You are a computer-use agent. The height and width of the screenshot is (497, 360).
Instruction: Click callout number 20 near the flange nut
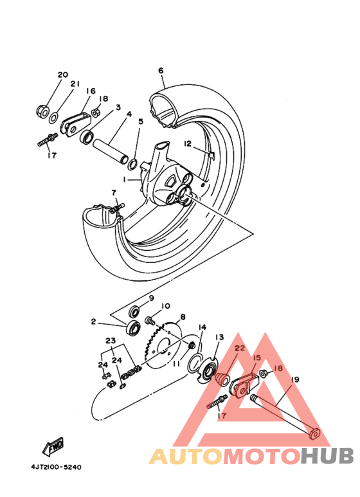point(62,75)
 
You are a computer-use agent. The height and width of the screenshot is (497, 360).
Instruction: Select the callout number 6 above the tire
point(161,70)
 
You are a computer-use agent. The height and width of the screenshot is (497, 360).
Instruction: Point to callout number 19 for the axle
point(295,379)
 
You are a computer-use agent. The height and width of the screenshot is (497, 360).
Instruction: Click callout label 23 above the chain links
point(110,341)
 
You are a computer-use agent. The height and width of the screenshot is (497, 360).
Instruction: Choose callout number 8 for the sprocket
point(183,316)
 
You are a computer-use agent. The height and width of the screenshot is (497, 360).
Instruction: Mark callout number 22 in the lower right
point(240,348)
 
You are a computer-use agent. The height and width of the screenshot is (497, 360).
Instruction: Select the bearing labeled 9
point(135,311)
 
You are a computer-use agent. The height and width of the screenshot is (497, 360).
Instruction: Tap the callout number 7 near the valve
point(113,192)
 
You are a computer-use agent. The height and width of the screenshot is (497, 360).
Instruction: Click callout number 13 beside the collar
point(219,337)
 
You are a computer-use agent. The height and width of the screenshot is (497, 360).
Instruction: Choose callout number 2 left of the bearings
point(93,321)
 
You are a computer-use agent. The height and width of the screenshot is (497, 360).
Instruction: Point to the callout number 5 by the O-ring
point(140,121)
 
